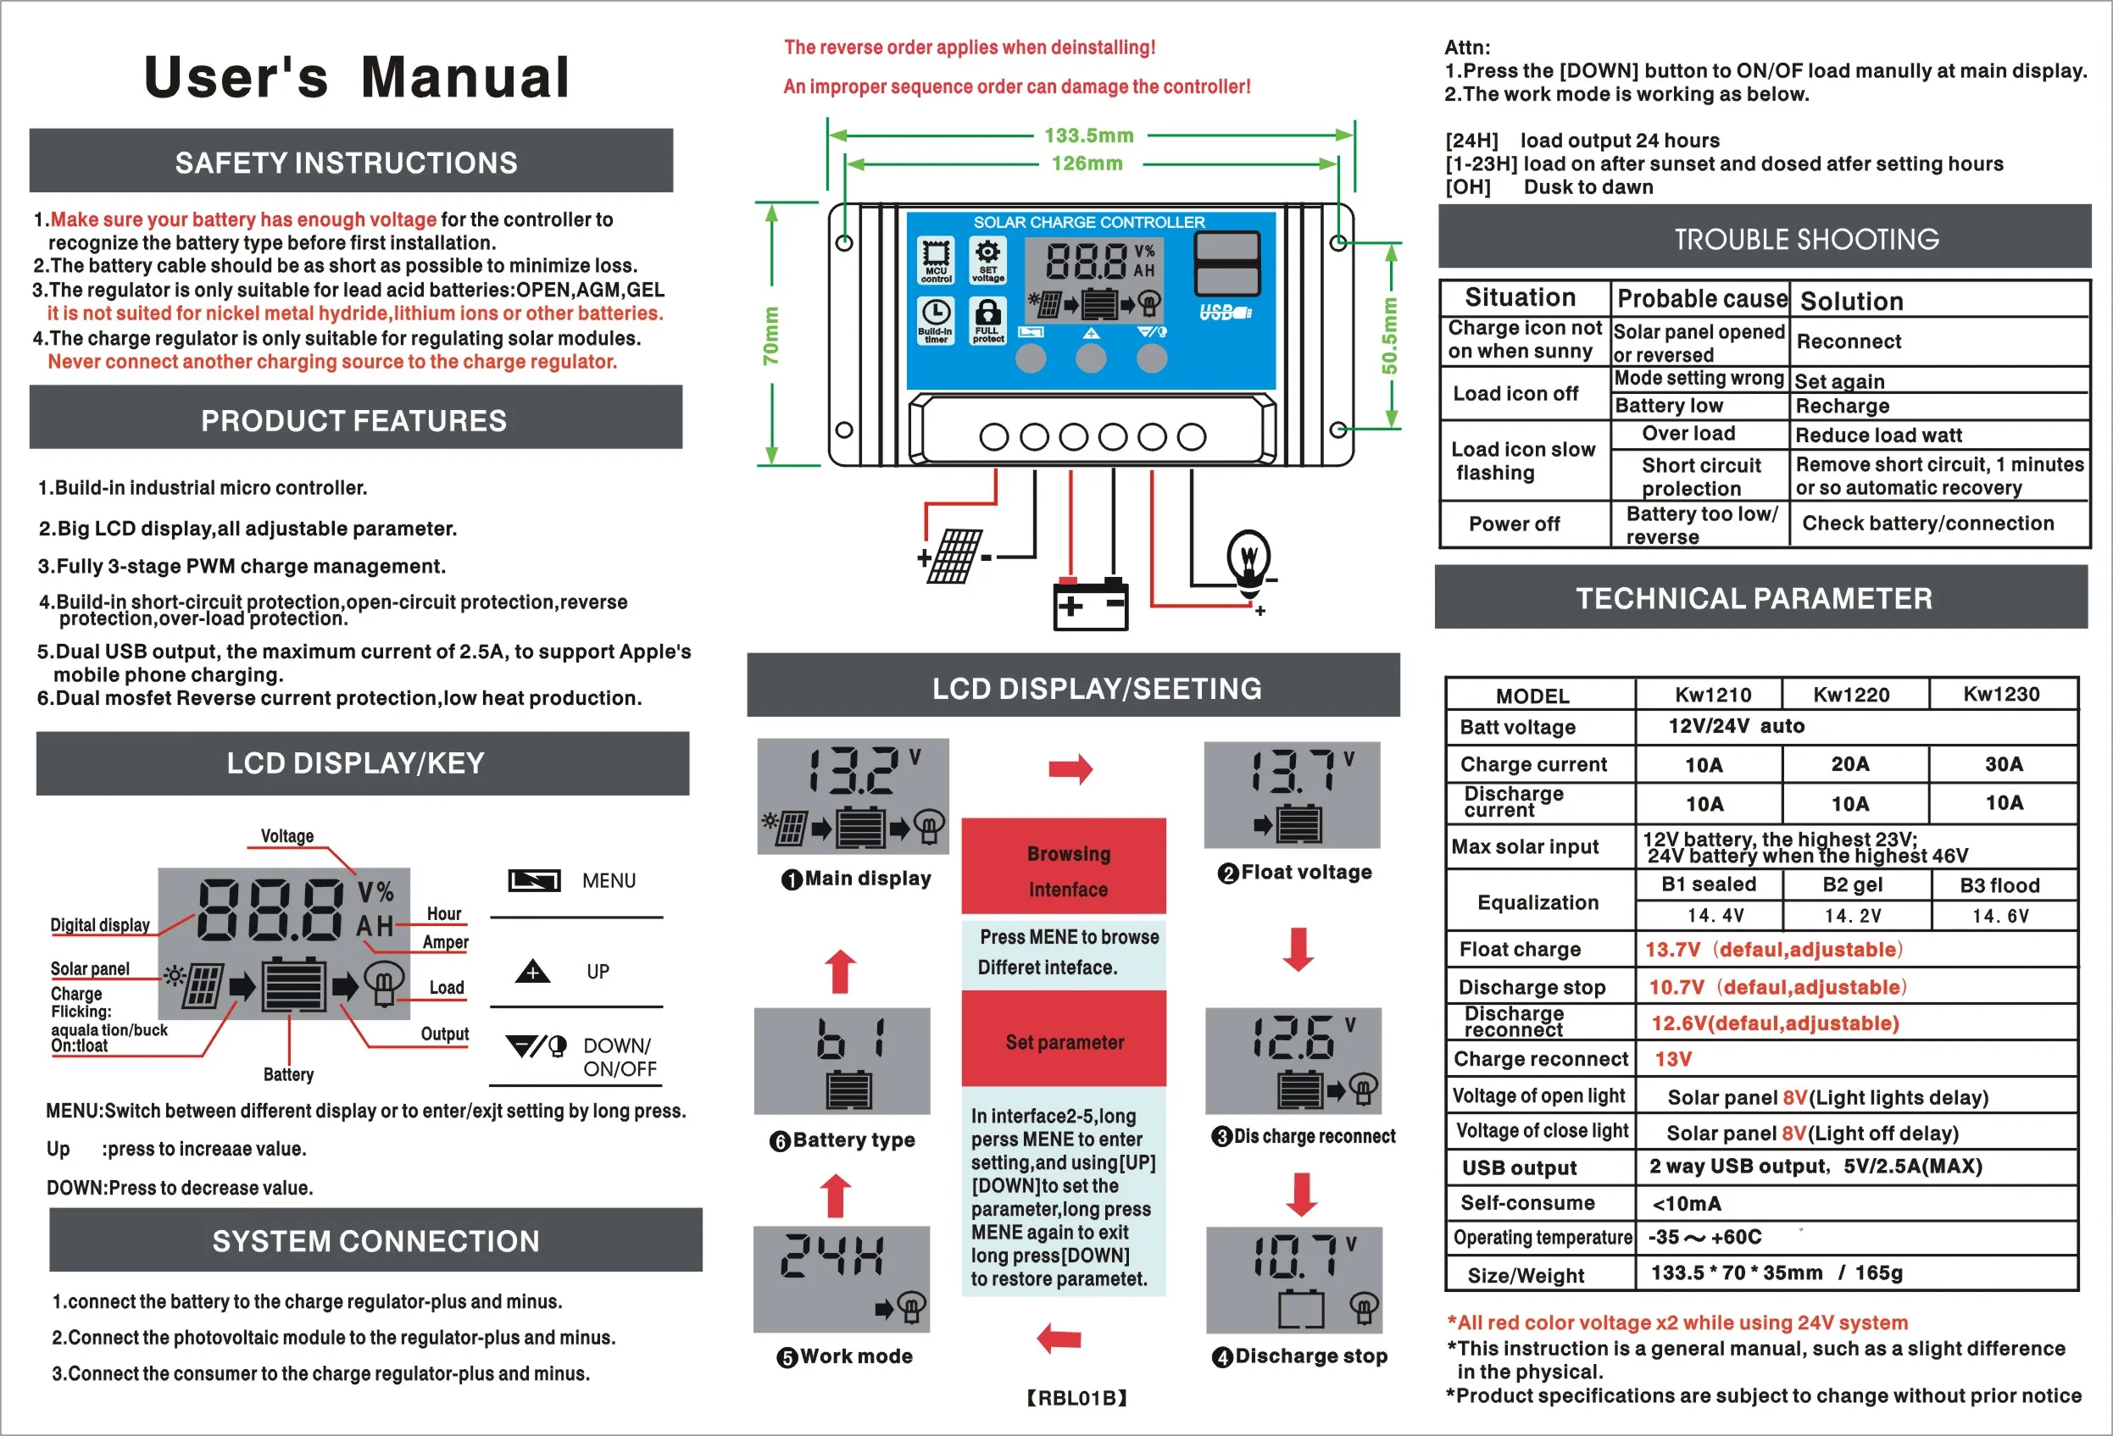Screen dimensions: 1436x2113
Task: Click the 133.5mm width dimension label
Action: tap(1088, 136)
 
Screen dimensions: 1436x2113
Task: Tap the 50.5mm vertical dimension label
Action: tap(1389, 335)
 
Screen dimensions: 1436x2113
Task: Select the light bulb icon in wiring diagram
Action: tap(1249, 560)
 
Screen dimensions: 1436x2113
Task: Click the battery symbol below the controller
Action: tap(1090, 604)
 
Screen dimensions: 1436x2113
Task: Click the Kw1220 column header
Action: tap(1851, 696)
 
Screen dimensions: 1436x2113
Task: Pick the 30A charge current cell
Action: tap(2003, 764)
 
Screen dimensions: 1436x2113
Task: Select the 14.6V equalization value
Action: tap(2000, 916)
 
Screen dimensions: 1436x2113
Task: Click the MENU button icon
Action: tap(534, 879)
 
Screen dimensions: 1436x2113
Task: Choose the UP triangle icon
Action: tap(533, 972)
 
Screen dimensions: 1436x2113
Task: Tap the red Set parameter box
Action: tap(1064, 1041)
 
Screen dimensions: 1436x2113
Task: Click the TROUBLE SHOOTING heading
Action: tap(1806, 239)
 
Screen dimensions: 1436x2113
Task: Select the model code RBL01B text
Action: tap(1076, 1398)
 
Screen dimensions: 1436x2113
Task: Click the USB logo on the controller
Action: tap(1225, 313)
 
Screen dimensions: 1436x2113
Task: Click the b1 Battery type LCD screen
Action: tap(842, 1061)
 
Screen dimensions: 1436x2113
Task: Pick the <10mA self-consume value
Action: tap(1686, 1204)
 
